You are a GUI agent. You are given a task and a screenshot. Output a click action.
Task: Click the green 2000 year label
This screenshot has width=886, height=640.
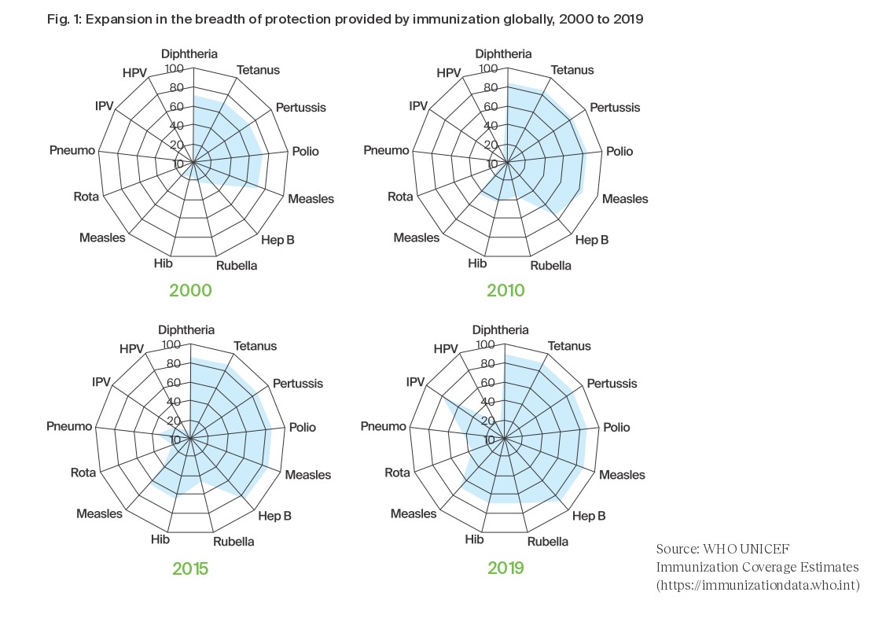click(190, 291)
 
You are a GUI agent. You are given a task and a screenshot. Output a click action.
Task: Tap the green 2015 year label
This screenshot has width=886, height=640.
click(189, 568)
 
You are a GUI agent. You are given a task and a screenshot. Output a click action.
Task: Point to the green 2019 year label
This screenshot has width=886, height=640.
click(505, 568)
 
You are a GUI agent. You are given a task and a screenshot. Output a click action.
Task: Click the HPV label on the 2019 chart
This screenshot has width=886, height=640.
click(446, 349)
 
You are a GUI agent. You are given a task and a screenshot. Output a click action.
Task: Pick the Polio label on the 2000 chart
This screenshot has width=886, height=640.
click(305, 151)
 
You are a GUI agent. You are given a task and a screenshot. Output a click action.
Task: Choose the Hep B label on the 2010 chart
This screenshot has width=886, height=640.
click(592, 240)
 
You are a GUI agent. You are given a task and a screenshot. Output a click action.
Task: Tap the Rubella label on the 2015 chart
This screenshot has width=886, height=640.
click(233, 542)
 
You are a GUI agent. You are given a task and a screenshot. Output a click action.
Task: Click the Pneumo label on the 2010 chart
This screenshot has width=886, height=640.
click(386, 150)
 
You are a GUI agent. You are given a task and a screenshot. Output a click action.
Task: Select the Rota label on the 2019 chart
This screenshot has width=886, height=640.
click(397, 473)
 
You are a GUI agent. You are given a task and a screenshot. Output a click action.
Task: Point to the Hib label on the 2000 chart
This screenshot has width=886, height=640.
click(164, 263)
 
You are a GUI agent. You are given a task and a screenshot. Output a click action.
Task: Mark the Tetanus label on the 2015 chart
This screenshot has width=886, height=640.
click(255, 346)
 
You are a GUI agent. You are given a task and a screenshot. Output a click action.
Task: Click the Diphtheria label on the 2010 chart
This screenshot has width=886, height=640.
click(504, 54)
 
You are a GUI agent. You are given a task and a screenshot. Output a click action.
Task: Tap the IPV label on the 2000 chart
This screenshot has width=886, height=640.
click(104, 106)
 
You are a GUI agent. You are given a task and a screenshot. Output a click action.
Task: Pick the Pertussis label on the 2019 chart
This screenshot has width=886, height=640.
click(612, 384)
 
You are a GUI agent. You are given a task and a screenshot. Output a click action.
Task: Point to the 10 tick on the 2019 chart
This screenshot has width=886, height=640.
click(490, 440)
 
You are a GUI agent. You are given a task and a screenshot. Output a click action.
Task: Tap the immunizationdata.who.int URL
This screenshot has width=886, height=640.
click(758, 586)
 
